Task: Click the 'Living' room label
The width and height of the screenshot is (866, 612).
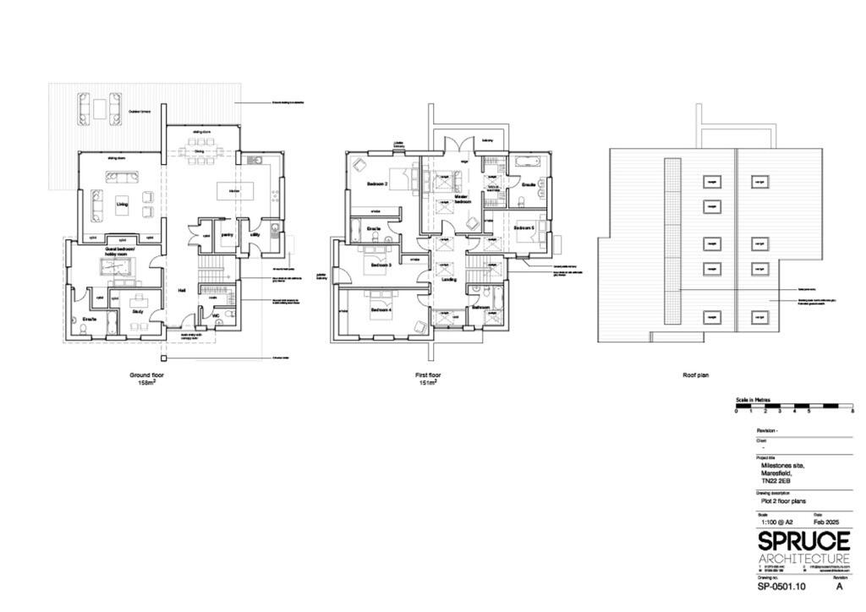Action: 122,203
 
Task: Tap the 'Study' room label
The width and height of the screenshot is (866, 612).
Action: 137,311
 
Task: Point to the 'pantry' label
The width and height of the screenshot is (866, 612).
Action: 227,235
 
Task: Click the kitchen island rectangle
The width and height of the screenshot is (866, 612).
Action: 233,192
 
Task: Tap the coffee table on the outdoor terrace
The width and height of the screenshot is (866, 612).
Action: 100,108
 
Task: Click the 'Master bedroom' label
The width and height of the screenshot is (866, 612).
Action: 462,199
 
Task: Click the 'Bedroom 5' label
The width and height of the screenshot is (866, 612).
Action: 523,227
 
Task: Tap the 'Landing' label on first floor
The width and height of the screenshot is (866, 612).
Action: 449,279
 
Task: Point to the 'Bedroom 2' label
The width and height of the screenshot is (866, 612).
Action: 377,183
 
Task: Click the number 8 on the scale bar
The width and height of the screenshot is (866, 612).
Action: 852,412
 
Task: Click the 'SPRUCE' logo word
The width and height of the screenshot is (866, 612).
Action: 803,541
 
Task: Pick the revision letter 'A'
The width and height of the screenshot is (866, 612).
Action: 839,586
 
